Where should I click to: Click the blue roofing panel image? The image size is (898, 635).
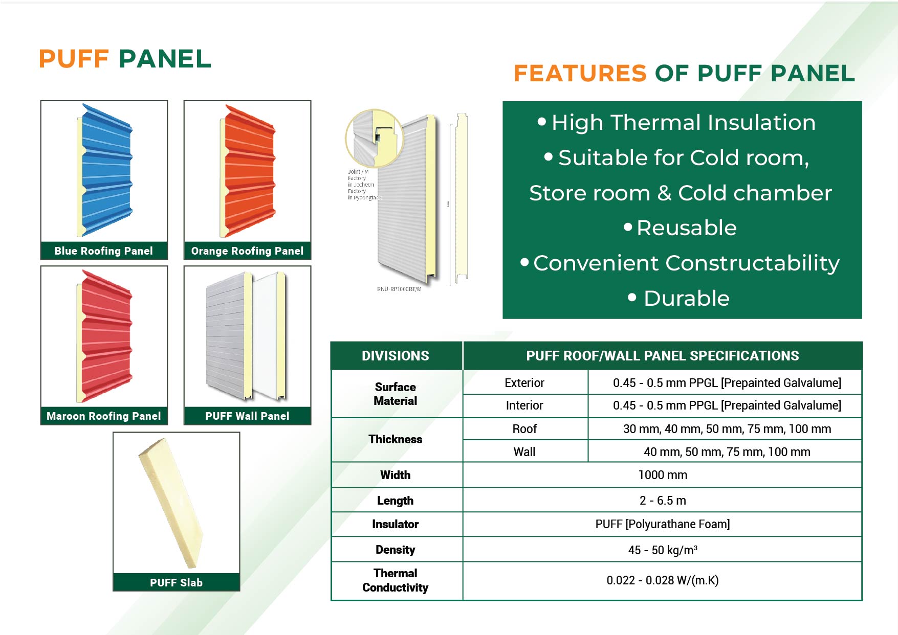[105, 171]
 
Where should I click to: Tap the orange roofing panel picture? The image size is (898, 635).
[249, 171]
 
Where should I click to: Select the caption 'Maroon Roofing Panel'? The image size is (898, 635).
[104, 416]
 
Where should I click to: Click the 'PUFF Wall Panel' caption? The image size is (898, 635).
[247, 416]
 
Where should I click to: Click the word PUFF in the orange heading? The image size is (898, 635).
[74, 59]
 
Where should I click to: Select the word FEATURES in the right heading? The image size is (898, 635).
[580, 73]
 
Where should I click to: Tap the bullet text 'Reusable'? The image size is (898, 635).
[686, 228]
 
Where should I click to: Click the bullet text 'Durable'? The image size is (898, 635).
[686, 299]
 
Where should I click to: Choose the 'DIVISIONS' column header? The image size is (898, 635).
[396, 356]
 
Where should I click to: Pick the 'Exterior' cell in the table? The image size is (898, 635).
[524, 383]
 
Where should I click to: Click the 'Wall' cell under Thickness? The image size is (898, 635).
[524, 452]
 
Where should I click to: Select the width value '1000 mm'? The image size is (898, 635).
[663, 475]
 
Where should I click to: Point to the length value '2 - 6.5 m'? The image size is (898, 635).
[663, 501]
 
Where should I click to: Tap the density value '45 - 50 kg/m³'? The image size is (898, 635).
[663, 550]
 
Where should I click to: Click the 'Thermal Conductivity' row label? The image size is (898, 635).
[396, 580]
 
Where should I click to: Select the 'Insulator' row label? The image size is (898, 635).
[396, 524]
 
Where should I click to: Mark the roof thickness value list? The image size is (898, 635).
[727, 429]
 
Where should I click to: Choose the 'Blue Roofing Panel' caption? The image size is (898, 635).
[104, 251]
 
